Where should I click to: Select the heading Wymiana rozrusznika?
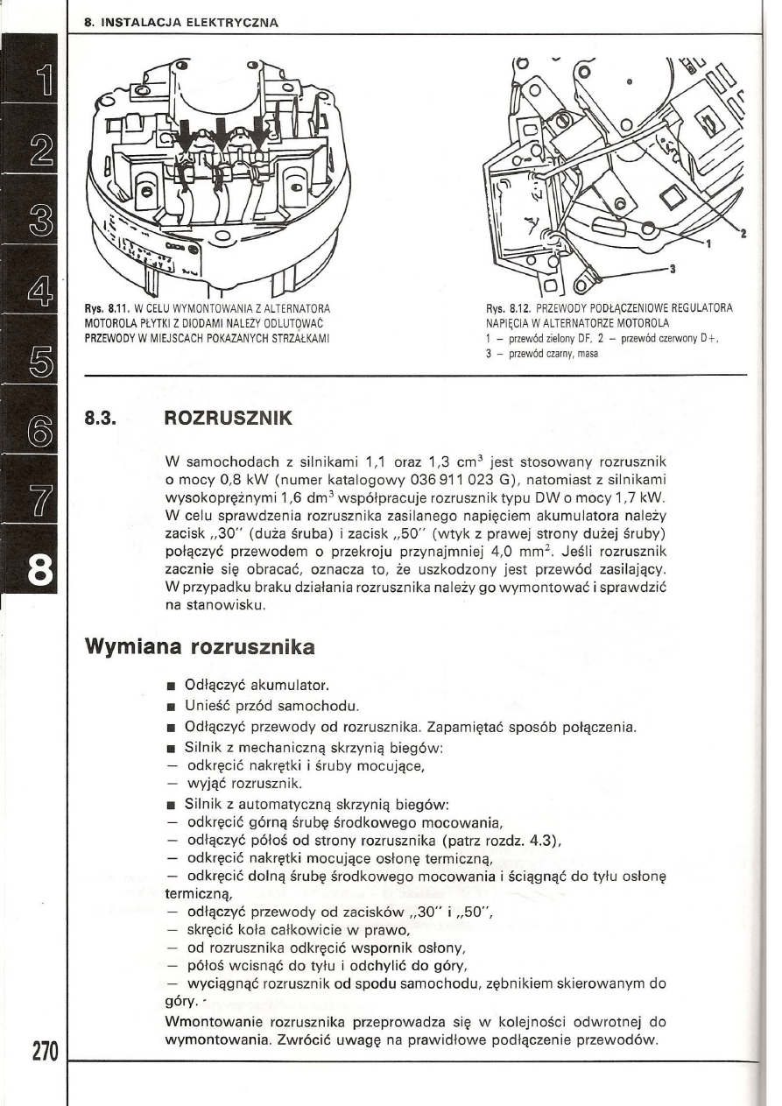(x=200, y=649)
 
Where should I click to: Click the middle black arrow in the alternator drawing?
(x=222, y=133)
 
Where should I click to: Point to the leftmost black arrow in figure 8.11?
(x=186, y=133)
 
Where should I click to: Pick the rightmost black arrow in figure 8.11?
(x=259, y=131)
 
